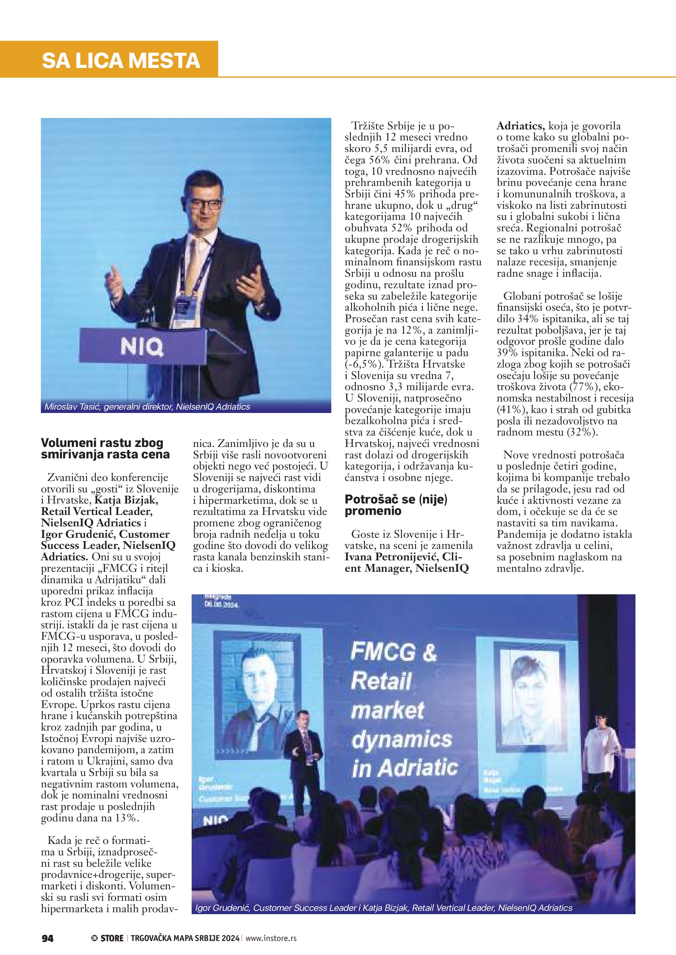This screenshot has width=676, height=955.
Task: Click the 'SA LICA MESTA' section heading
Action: tap(121, 61)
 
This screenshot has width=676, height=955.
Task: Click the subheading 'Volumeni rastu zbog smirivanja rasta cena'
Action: tap(105, 448)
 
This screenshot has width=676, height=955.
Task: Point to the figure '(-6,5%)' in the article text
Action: tap(363, 364)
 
